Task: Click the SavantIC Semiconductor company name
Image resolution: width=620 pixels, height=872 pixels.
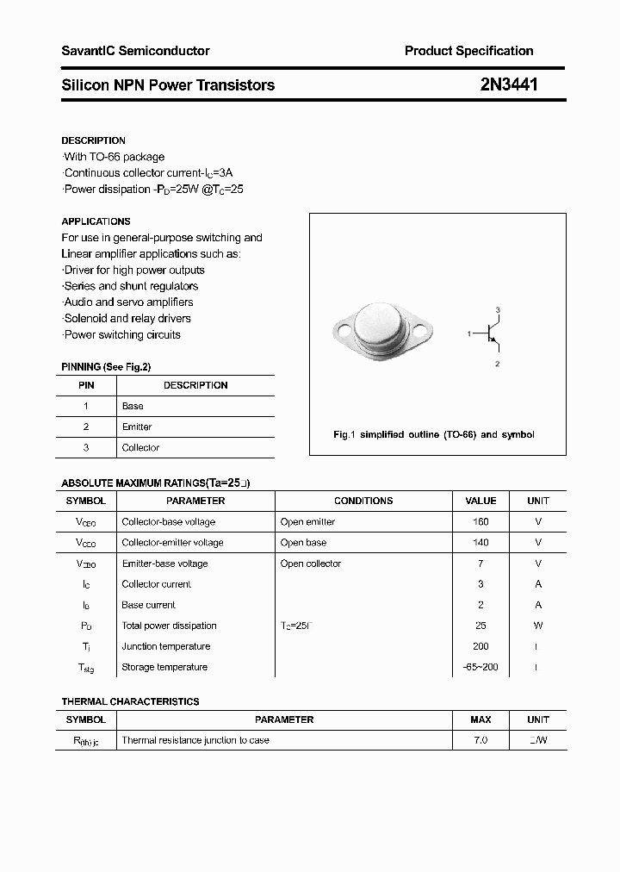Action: [x=135, y=51]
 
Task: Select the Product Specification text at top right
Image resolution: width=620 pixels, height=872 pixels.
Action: [x=468, y=51]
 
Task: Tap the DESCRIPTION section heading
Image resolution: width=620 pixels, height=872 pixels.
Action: [x=93, y=140]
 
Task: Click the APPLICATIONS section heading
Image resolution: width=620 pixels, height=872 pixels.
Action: [x=96, y=221]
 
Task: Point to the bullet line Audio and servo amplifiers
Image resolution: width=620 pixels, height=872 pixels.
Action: [x=128, y=302]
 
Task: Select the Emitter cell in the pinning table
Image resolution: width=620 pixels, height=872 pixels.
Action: [x=137, y=427]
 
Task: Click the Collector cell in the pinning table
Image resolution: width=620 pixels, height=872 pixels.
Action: [x=140, y=447]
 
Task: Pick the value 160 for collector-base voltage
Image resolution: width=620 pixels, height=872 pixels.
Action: [x=480, y=522]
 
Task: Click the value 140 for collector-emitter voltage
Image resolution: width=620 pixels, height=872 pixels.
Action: [x=480, y=543]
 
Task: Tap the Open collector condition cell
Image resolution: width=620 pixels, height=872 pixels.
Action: [x=311, y=564]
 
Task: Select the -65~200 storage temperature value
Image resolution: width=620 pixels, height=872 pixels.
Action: [x=480, y=667]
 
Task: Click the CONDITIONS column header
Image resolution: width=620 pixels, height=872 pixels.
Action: [x=363, y=501]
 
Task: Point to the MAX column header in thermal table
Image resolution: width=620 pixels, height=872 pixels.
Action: [x=480, y=719]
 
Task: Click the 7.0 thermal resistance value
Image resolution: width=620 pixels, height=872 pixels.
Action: [x=480, y=740]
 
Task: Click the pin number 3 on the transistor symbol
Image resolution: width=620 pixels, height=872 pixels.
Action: [x=498, y=309]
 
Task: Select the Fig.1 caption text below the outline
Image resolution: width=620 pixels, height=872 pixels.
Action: [x=433, y=434]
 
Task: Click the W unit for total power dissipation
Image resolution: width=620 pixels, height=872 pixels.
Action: [x=538, y=626]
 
